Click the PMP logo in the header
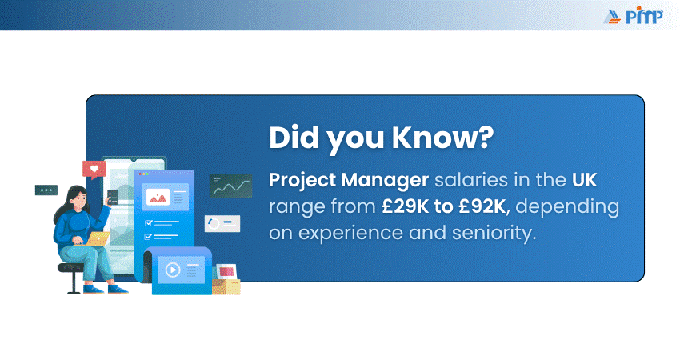(633, 16)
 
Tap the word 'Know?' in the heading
(442, 138)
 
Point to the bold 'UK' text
(585, 180)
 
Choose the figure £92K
(482, 206)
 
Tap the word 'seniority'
(491, 233)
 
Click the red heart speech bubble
(94, 170)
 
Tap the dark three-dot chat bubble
(46, 190)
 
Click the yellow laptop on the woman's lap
(97, 239)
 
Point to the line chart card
(230, 186)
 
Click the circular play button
(173, 270)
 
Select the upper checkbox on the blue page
(149, 223)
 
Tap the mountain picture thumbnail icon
(158, 198)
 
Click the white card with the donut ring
(222, 224)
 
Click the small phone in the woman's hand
(113, 197)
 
